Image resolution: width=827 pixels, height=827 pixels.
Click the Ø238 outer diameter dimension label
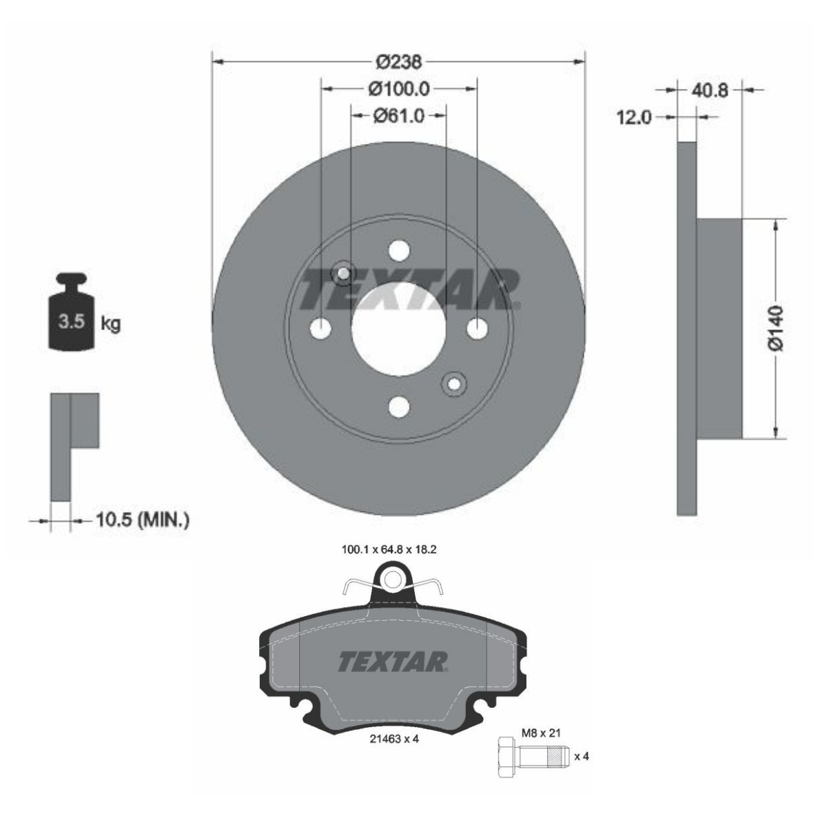pyautogui.click(x=399, y=62)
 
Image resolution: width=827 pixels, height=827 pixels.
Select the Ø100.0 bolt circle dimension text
pyautogui.click(x=399, y=89)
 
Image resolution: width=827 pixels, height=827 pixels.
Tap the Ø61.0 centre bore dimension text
pyautogui.click(x=399, y=116)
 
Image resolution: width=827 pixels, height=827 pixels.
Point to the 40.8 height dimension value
pyautogui.click(x=710, y=90)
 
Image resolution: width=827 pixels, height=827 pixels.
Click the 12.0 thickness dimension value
pyautogui.click(x=634, y=117)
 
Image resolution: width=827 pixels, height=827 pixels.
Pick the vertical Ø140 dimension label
pyautogui.click(x=776, y=329)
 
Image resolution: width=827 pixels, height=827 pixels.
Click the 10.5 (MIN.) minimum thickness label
pyautogui.click(x=142, y=520)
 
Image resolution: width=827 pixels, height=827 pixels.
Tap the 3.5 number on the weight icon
pyautogui.click(x=72, y=321)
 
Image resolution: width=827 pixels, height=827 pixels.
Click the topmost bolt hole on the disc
pyautogui.click(x=399, y=251)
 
